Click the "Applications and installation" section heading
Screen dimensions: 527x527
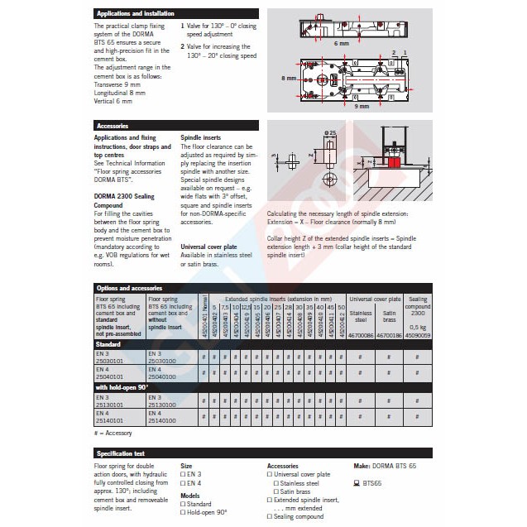(137, 13)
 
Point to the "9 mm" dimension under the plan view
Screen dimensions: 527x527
(362, 107)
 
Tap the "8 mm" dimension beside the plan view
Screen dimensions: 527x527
(287, 79)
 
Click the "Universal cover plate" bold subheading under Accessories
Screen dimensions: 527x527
(208, 247)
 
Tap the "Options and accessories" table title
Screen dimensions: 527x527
(130, 287)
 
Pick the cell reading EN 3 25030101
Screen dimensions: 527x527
(108, 357)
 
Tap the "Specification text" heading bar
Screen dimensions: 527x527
(121, 453)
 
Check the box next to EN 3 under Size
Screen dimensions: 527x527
(184, 475)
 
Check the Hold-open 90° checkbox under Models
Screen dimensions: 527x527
(184, 512)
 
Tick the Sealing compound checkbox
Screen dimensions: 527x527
(270, 516)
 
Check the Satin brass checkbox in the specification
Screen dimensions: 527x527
(275, 491)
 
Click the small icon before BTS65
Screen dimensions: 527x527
(357, 482)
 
